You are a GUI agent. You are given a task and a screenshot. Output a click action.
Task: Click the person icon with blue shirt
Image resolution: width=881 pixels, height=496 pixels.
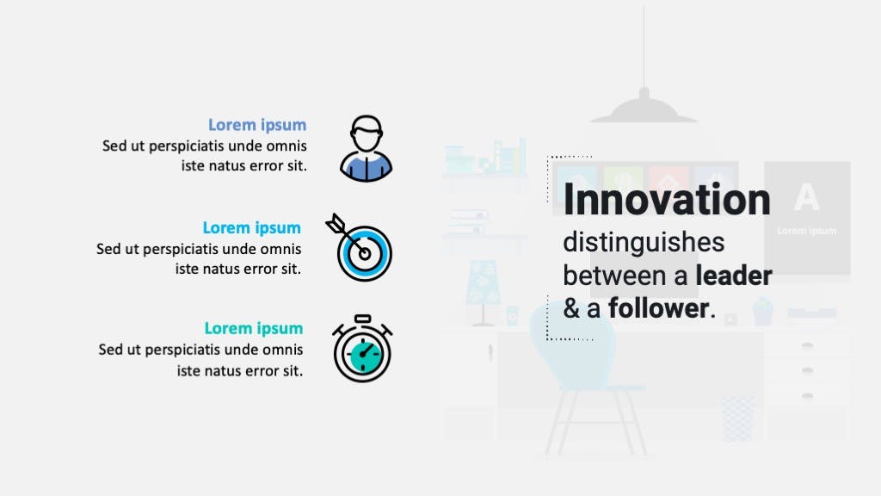[x=366, y=148]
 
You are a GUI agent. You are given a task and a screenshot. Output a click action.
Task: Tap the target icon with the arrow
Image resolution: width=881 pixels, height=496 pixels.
[x=360, y=248]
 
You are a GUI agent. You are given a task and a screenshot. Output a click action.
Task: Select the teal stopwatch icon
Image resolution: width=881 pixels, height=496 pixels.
[x=362, y=349]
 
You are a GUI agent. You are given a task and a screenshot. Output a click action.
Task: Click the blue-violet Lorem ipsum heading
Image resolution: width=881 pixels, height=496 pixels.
[x=257, y=125]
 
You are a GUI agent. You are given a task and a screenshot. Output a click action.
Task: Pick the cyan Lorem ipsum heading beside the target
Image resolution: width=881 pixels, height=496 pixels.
[x=252, y=227]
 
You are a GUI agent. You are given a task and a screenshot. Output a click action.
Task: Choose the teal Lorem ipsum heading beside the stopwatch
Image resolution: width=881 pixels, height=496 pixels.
[x=254, y=328]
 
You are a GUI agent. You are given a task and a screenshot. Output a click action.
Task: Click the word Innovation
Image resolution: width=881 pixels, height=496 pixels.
[x=667, y=200]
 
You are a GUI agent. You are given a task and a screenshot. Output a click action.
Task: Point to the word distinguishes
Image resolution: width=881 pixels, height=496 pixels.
[x=644, y=243]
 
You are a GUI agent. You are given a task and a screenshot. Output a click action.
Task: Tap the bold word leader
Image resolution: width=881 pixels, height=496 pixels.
[x=734, y=276]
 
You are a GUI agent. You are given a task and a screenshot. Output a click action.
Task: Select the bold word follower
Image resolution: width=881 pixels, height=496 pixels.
[x=658, y=308]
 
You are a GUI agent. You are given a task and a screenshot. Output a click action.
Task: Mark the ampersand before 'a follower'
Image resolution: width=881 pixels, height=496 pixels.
[x=571, y=309]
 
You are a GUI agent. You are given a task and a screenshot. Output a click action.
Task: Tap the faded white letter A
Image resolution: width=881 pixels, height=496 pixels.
[x=806, y=197]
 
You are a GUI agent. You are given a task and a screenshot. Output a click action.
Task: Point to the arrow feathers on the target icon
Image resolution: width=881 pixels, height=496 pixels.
[x=336, y=224]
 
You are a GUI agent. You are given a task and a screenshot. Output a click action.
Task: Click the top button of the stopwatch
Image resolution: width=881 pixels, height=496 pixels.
[x=363, y=319]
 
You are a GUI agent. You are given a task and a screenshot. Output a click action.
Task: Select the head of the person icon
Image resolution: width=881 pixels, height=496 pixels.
[x=367, y=133]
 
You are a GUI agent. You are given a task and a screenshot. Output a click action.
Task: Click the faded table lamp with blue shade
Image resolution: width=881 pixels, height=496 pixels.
[x=484, y=293]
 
